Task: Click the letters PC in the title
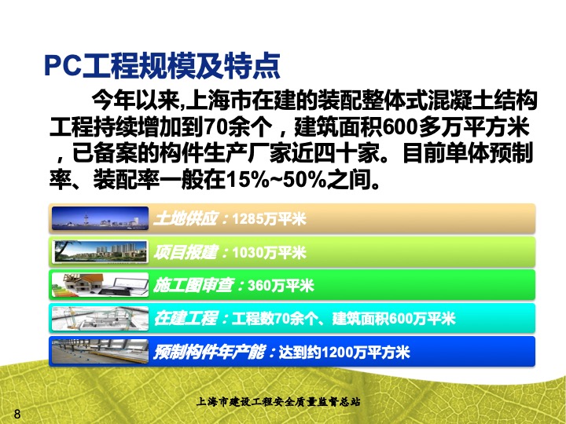coord(62,66)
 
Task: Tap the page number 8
coord(17,414)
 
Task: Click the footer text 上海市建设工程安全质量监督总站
coord(278,401)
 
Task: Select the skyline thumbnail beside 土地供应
coord(100,218)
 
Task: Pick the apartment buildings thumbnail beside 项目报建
coord(100,251)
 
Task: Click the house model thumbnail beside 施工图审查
coord(100,285)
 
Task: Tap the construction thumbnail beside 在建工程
coord(100,318)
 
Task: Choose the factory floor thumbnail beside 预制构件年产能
coord(100,351)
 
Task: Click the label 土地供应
coord(186,219)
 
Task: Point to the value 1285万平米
coord(270,219)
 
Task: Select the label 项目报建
coord(186,252)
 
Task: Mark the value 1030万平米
coord(270,252)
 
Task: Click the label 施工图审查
coord(194,286)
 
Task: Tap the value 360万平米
coord(281,286)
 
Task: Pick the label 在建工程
coord(186,319)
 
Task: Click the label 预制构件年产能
coord(210,352)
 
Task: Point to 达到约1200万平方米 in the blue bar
coord(344,353)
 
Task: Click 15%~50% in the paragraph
coord(276,180)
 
